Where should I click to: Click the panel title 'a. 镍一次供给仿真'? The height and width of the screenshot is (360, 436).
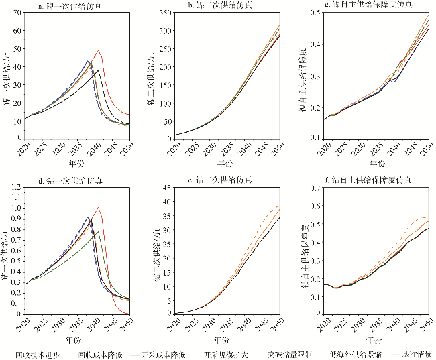pos(62,5)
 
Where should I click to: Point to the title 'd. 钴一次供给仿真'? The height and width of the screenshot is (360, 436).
pos(62,182)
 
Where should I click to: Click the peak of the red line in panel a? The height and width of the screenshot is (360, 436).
pos(99,51)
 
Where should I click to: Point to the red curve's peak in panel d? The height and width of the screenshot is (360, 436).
pos(99,208)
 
